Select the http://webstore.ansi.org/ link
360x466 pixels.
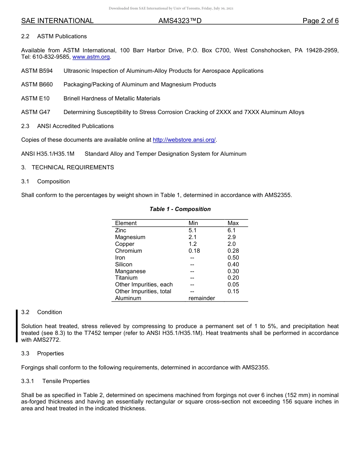pos(184,140)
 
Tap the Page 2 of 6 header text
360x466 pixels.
pos(320,21)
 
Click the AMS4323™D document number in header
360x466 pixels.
pos(180,21)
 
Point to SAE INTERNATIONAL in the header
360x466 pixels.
pos(57,21)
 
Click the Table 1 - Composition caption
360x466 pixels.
pos(180,209)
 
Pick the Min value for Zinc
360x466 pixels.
pos(193,230)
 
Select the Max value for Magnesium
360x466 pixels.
pos(232,237)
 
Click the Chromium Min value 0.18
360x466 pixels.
pos(194,251)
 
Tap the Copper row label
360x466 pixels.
pos(125,244)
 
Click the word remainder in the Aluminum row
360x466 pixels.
pos(202,298)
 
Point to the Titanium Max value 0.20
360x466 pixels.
pos(233,278)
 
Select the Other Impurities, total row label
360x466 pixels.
pos(143,291)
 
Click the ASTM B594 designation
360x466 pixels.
pos(37,71)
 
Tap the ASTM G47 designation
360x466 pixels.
pos(36,112)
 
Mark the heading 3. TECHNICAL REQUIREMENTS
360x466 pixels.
pos(67,167)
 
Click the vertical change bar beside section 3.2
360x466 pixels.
pos(17,326)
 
